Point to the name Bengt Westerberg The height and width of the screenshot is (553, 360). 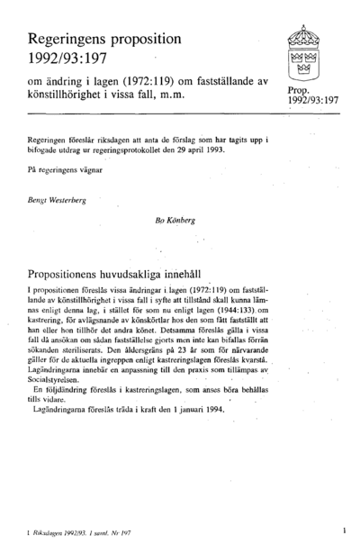click(x=58, y=199)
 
